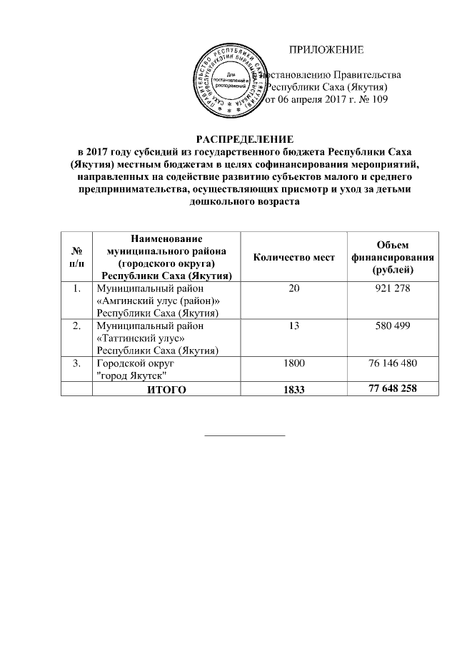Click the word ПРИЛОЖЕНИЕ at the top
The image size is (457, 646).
click(x=326, y=50)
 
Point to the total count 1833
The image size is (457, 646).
click(x=293, y=389)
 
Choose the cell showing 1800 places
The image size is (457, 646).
click(x=293, y=363)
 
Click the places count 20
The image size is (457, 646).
click(x=293, y=288)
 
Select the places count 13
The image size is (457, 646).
click(x=293, y=325)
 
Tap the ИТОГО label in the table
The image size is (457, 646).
click(x=166, y=389)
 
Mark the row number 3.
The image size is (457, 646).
click(x=76, y=363)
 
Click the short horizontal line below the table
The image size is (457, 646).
click(x=245, y=435)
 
